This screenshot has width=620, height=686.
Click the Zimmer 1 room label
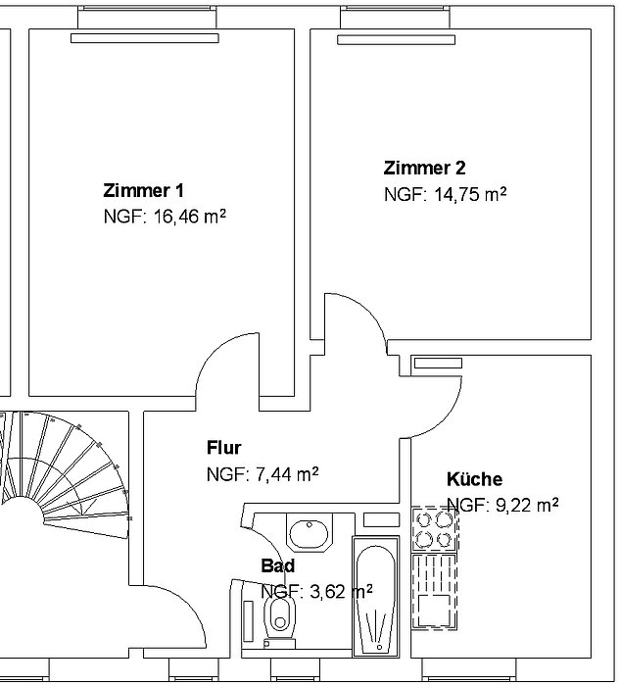[x=143, y=191]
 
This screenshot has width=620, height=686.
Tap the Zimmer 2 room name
[x=424, y=168]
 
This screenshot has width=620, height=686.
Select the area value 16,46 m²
[x=189, y=217]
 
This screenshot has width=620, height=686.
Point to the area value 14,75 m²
[x=470, y=194]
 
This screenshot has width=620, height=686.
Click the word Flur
[x=224, y=448]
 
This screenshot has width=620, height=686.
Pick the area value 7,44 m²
[x=287, y=474]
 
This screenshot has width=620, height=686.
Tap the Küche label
[x=474, y=479]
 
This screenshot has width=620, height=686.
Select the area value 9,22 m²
[x=526, y=506]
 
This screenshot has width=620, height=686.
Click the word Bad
[x=278, y=565]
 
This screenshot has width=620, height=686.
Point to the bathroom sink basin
[x=310, y=533]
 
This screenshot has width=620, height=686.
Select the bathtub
[x=376, y=597]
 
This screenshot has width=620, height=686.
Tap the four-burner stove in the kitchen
[x=434, y=529]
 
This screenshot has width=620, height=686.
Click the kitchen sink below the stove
[x=434, y=592]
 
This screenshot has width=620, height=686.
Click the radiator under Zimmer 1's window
[x=145, y=38]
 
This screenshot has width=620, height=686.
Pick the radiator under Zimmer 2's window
[x=396, y=40]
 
